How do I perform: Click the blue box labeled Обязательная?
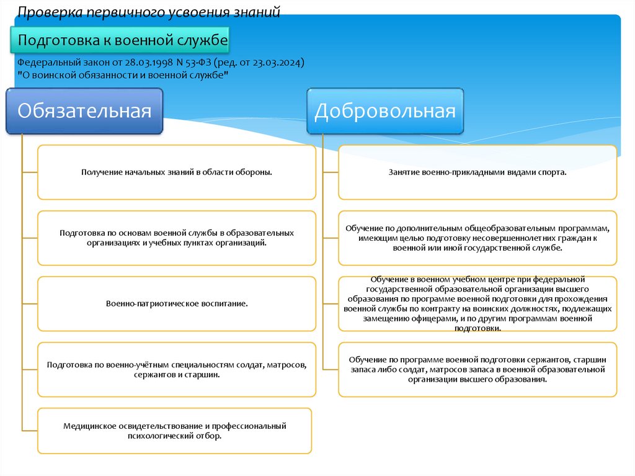[84, 112]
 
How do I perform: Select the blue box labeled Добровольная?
[385, 112]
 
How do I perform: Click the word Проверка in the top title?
[42, 12]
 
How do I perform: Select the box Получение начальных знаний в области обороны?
[177, 172]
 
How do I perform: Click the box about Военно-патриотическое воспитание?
[177, 304]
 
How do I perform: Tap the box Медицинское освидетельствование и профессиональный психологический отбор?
[175, 431]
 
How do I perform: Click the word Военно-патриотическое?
[143, 304]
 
